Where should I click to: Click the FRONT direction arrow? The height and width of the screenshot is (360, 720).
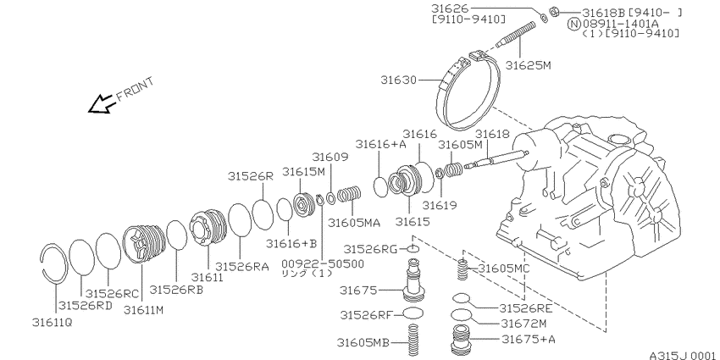click(x=101, y=104)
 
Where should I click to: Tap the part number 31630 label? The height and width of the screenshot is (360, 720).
click(x=398, y=80)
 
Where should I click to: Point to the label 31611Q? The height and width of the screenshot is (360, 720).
click(x=52, y=323)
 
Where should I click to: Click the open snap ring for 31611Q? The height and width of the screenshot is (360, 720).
click(x=53, y=263)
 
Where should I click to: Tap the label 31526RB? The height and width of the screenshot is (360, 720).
click(x=176, y=290)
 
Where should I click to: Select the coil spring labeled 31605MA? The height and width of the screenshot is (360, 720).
click(x=350, y=194)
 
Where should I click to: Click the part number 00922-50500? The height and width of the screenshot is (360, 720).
click(x=323, y=263)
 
